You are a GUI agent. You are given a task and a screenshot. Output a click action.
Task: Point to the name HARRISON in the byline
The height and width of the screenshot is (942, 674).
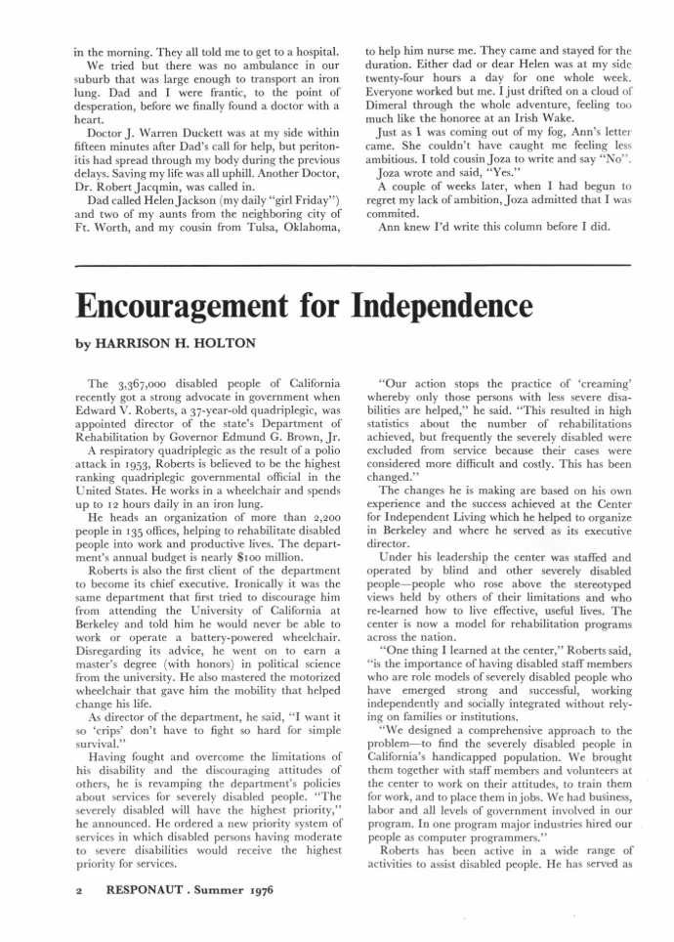pyautogui.click(x=131, y=345)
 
